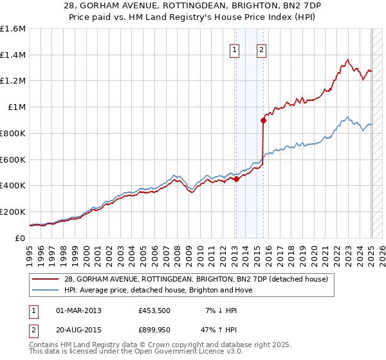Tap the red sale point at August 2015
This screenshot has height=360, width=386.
263,120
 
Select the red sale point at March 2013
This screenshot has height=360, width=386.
235,179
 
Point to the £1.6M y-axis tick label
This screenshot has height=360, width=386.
13,29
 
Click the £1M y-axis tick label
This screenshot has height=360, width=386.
17,107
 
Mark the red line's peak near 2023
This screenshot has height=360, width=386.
347,60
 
